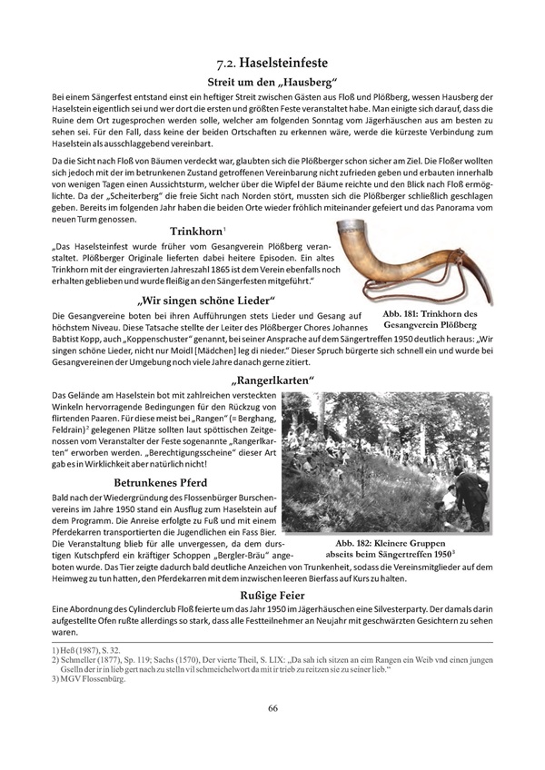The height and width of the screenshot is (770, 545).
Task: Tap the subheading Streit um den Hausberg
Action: click(272, 83)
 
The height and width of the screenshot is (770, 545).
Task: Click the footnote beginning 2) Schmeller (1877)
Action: click(272, 664)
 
